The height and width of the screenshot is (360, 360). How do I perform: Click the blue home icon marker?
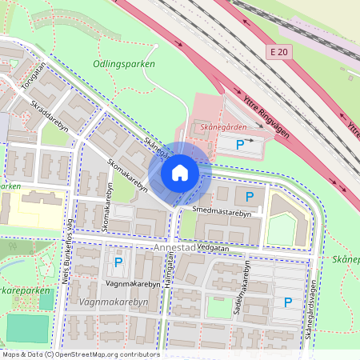click(180, 172)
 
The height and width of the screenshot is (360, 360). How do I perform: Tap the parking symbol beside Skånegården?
click(241, 145)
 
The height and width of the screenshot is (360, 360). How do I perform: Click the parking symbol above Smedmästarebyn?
click(249, 197)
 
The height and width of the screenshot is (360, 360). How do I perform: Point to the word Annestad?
click(175, 248)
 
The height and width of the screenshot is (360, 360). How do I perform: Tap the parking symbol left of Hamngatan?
click(118, 262)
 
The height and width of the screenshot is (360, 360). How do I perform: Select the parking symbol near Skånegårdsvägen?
click(287, 302)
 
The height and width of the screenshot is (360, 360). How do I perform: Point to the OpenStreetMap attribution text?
click(80, 354)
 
